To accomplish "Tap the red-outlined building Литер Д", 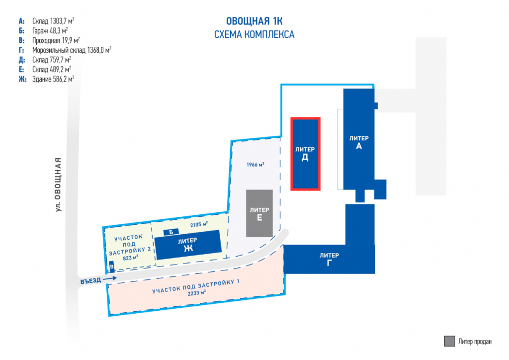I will pyautogui.click(x=305, y=154).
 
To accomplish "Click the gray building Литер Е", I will pyautogui.click(x=259, y=213).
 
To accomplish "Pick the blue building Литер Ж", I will pyautogui.click(x=188, y=245).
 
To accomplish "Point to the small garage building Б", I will pyautogui.click(x=171, y=232).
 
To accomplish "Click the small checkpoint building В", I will pyautogui.click(x=112, y=267).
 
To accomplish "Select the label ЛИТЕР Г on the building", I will pyautogui.click(x=329, y=260).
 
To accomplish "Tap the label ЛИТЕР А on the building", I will pyautogui.click(x=358, y=143).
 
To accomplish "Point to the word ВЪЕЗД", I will pyautogui.click(x=90, y=280).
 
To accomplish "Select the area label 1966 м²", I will pyautogui.click(x=255, y=164).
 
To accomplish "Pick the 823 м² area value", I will pyautogui.click(x=130, y=258).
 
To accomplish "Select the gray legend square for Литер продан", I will pyautogui.click(x=449, y=341).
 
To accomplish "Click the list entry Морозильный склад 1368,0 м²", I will pyautogui.click(x=71, y=50).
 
